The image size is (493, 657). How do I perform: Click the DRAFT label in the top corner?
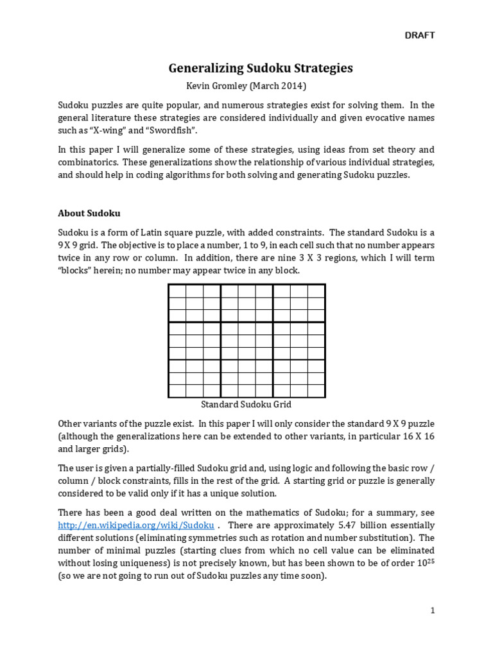[x=419, y=35]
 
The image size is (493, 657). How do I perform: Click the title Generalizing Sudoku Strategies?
[x=261, y=68]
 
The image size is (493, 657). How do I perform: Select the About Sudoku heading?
[x=89, y=213]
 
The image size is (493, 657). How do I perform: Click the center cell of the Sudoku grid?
[x=246, y=341]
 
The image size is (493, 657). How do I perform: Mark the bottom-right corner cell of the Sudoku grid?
[x=316, y=390]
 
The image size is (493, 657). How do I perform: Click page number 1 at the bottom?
[x=433, y=611]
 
